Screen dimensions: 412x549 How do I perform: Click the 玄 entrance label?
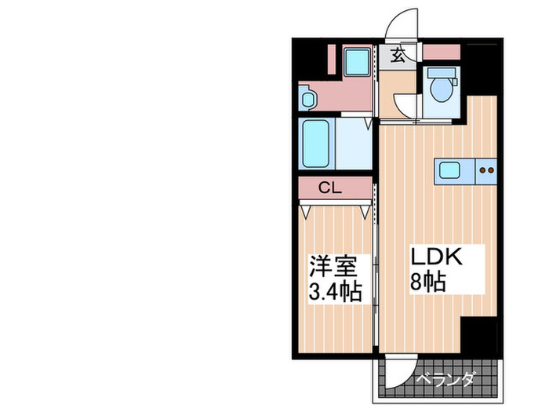click(x=398, y=55)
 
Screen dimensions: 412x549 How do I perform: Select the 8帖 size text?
click(x=430, y=282)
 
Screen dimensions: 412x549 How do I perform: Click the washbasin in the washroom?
click(x=308, y=98)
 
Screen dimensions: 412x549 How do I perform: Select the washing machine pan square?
click(x=358, y=61)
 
